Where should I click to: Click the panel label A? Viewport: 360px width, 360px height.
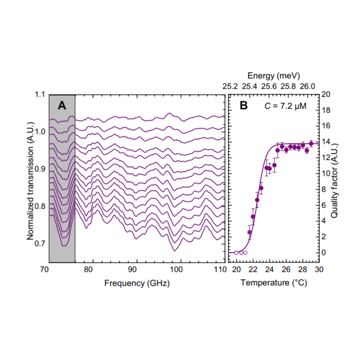[62, 106]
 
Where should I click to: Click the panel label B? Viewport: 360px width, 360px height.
[243, 106]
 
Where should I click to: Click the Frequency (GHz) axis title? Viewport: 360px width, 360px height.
[137, 283]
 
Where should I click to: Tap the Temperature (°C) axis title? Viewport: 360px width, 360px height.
[273, 283]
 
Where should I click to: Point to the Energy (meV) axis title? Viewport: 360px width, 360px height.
[273, 75]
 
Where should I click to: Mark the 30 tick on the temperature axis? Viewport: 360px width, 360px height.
[319, 270]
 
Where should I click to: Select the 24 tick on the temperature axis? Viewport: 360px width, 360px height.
[270, 270]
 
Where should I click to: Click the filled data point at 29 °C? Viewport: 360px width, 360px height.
[311, 144]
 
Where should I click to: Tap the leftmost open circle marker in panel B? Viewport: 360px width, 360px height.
[236, 253]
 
